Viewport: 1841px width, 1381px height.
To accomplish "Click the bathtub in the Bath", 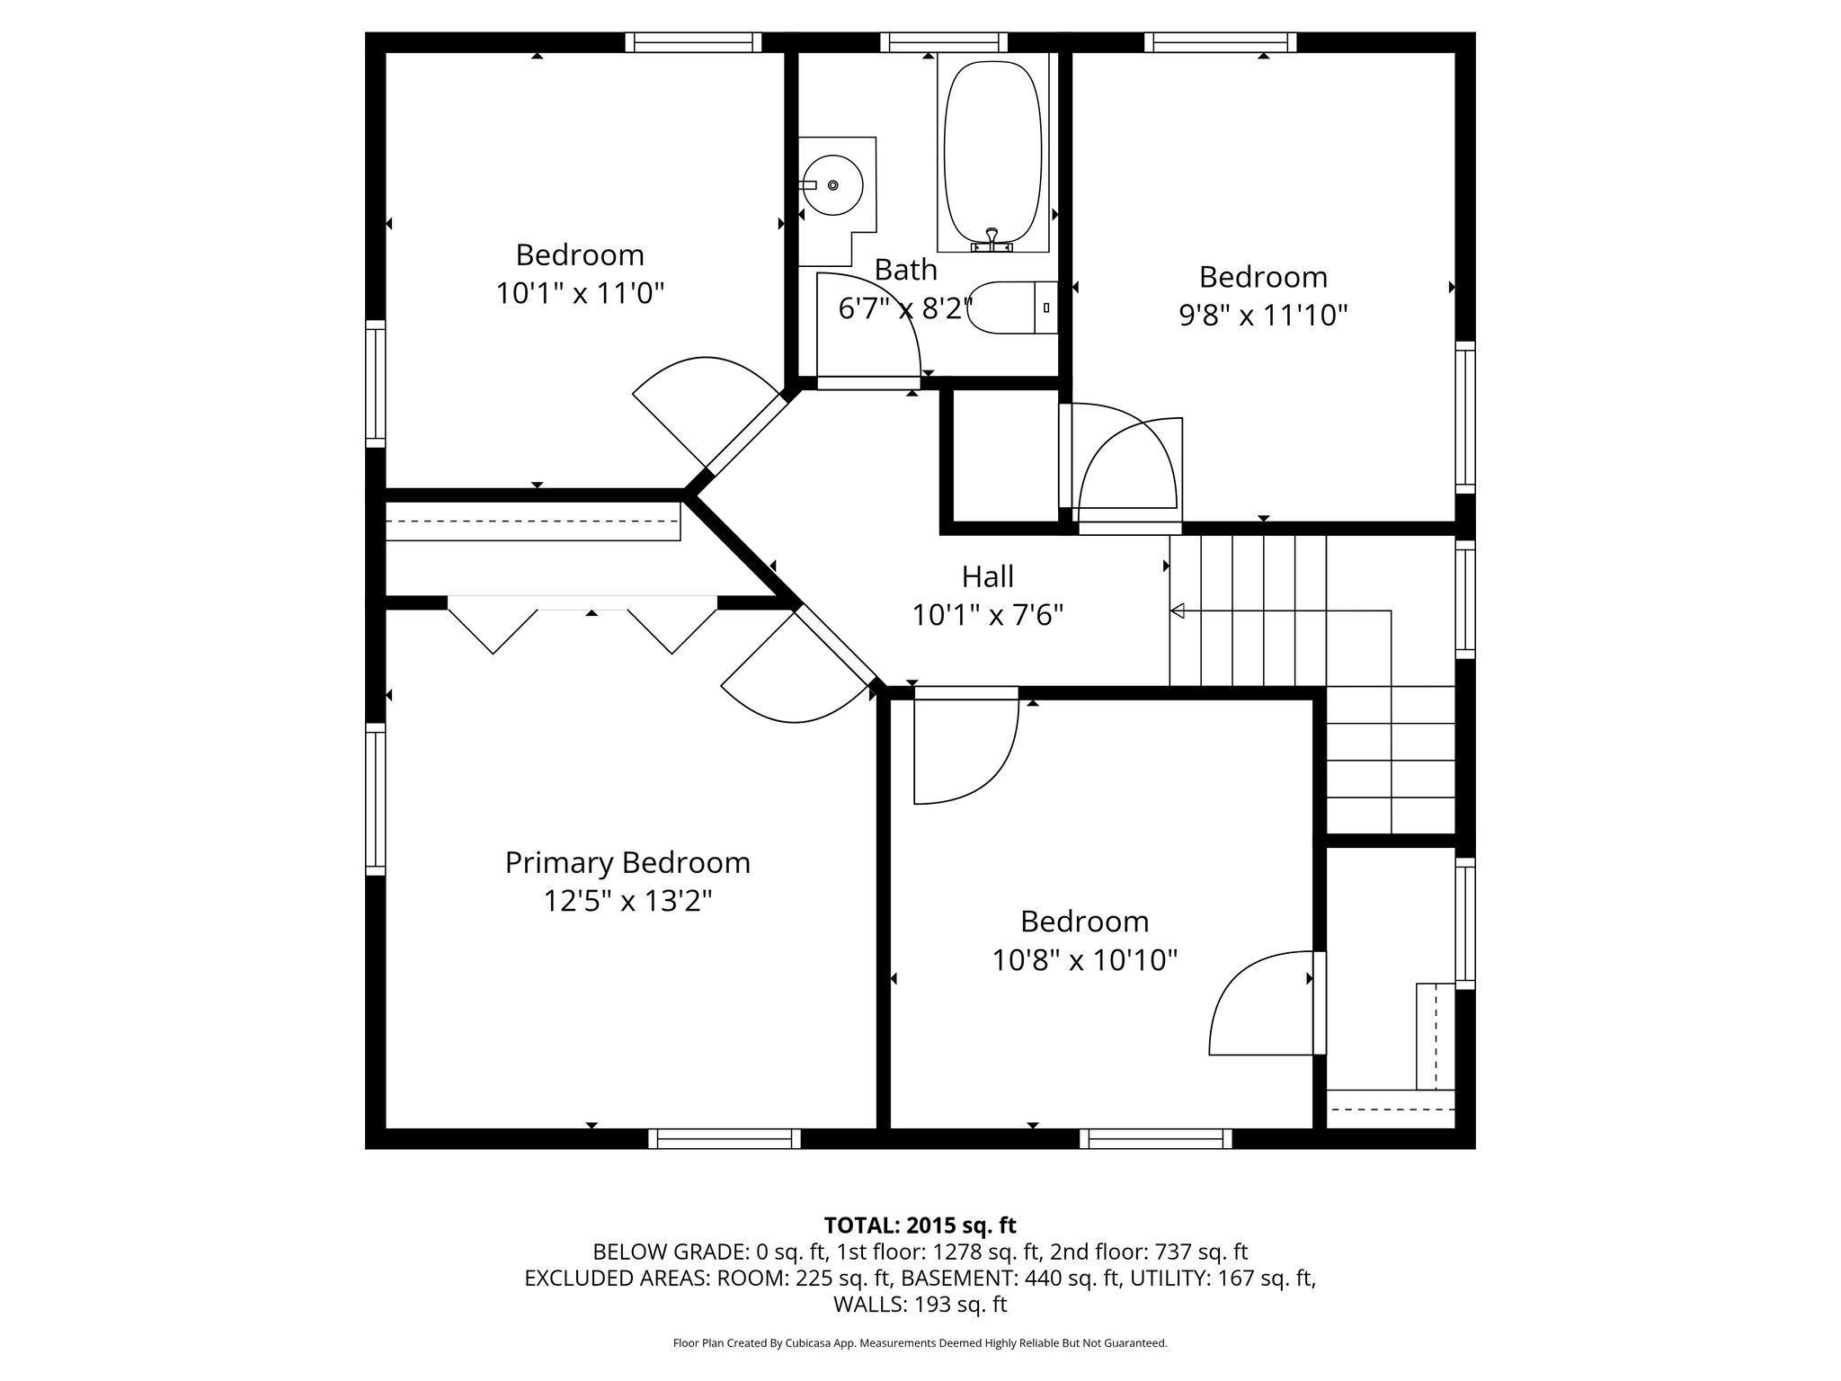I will [x=992, y=153].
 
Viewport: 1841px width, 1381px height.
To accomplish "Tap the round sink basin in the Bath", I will [x=832, y=185].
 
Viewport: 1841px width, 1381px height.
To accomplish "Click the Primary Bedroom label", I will [x=627, y=862].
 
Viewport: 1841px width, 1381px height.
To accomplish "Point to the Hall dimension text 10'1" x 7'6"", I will [x=988, y=615].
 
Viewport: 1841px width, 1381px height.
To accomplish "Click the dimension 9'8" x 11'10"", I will [x=1263, y=315].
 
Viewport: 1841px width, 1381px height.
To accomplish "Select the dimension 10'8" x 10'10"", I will [x=1084, y=960].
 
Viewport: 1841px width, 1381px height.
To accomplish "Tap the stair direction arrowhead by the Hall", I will [x=1177, y=611].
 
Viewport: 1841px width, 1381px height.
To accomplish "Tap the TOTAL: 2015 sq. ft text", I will [x=920, y=1225].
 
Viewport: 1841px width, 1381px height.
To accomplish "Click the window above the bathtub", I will [x=944, y=41].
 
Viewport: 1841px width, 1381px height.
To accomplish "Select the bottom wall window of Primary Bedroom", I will [x=725, y=1139].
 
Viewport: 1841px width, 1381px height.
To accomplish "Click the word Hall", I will [x=988, y=576].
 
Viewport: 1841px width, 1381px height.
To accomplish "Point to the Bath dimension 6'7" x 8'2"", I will [x=905, y=308].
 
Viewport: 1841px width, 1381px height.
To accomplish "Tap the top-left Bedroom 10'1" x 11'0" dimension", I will [x=580, y=293].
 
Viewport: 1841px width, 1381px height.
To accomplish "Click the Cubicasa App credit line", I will [x=920, y=1343].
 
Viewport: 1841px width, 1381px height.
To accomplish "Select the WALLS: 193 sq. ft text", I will [x=920, y=1304].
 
